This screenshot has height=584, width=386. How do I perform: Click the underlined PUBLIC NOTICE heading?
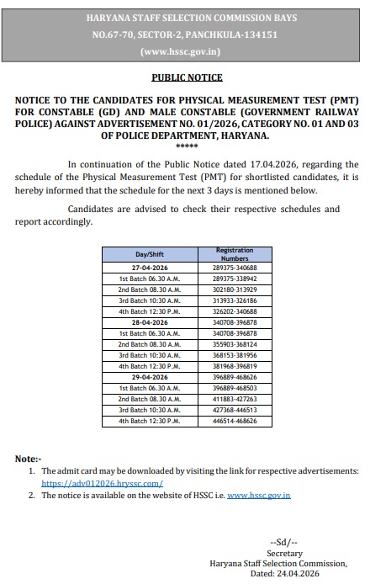[x=187, y=77]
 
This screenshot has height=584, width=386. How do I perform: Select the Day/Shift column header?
[x=149, y=254]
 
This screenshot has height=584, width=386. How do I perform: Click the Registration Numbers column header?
[x=234, y=254]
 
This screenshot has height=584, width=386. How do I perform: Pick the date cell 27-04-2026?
[x=149, y=268]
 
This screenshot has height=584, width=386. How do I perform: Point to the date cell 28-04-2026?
[x=149, y=322]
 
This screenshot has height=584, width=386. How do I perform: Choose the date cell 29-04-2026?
[x=149, y=377]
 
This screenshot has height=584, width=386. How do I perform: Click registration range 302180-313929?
[x=234, y=289]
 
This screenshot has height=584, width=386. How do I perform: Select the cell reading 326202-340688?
[x=234, y=311]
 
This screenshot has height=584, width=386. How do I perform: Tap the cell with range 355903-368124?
[x=234, y=344]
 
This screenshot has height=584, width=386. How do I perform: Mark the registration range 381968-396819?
[x=234, y=366]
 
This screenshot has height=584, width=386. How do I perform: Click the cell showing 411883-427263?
[x=234, y=399]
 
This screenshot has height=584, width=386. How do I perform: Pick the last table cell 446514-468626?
[x=234, y=421]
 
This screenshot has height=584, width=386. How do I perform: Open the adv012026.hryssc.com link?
[x=102, y=484]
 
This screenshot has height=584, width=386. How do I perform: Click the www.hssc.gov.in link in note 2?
[x=258, y=496]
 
